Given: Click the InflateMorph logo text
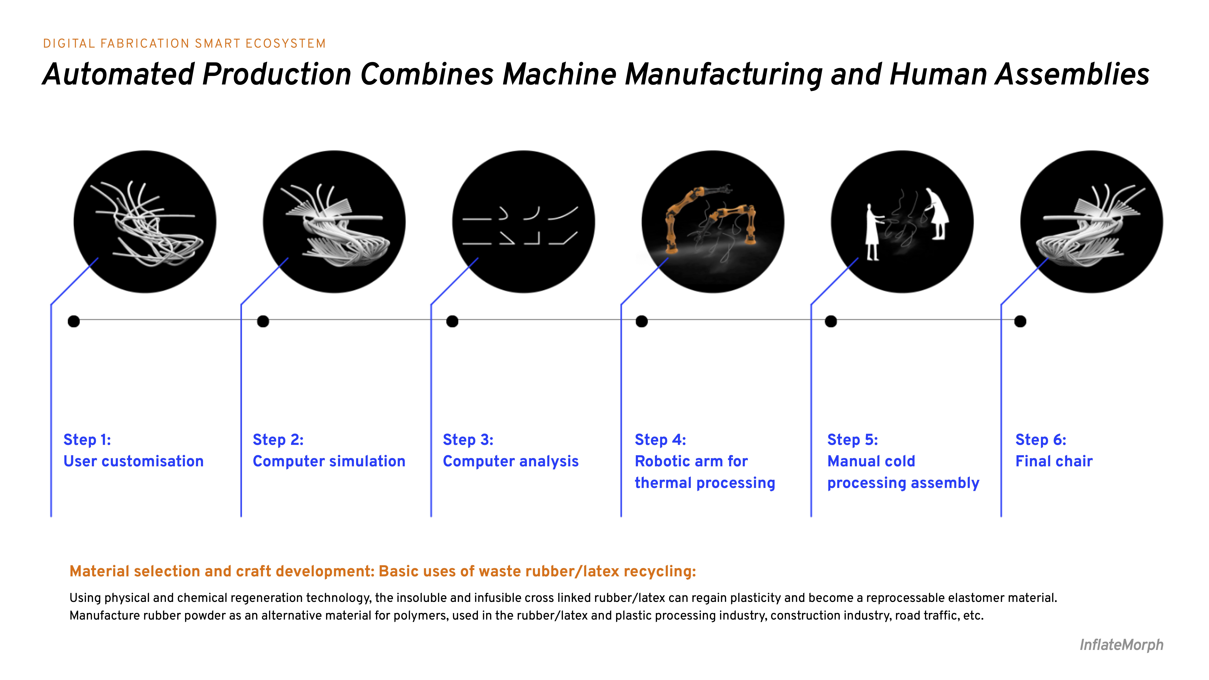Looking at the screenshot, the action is (1121, 645).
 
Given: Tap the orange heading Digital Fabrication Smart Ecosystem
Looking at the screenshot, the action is (184, 44).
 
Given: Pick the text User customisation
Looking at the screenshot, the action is (133, 461).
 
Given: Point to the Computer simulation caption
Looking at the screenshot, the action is (329, 461).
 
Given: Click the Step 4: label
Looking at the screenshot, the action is (660, 440).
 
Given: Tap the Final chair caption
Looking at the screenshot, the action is (1054, 461).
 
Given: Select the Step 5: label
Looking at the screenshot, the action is (852, 440).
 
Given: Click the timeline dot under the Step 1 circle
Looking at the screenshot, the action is (74, 321).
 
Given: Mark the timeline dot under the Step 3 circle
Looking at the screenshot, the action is (452, 321).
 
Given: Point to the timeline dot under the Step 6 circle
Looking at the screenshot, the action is (1020, 321).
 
